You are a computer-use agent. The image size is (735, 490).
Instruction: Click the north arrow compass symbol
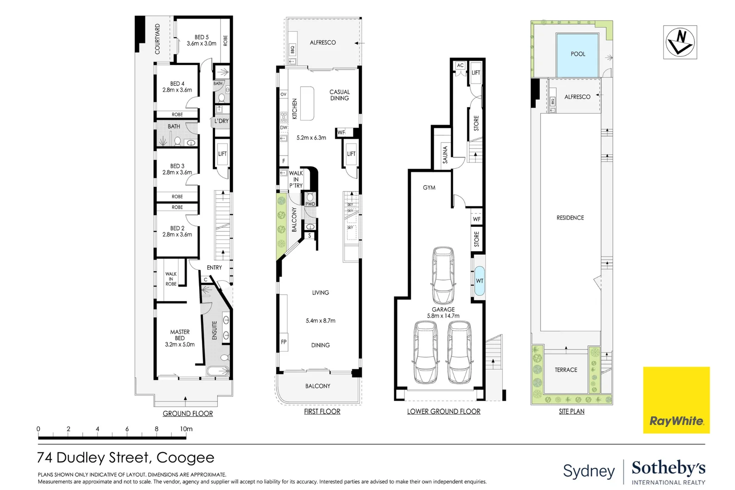pos(680,42)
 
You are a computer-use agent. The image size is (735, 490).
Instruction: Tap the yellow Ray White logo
pos(676,400)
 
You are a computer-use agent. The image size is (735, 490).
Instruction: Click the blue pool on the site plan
pos(578,55)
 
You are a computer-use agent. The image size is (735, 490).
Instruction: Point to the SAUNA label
pos(445,154)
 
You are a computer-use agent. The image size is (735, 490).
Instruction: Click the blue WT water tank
pos(479,281)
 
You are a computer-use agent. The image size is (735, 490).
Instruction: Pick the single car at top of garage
pos(443,275)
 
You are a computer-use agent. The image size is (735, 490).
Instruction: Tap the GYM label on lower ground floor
pos(429,187)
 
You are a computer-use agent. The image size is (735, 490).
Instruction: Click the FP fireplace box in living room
pos(284,342)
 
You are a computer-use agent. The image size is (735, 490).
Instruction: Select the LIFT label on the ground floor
pos(222,154)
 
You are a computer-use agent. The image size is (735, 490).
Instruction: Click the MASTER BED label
pos(180,335)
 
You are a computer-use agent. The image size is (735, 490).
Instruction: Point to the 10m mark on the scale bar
pos(186,429)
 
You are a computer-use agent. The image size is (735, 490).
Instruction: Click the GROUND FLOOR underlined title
pos(188,413)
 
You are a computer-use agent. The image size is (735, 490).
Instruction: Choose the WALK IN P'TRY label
pos(296,179)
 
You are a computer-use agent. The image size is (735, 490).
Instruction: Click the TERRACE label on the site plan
pos(566,370)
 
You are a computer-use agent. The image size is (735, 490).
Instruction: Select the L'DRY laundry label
pos(221,121)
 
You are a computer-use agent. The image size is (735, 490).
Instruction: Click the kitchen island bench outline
pos(307,103)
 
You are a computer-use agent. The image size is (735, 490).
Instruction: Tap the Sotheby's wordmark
pos(668,468)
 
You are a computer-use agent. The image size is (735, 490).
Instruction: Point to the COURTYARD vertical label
pos(157,39)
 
